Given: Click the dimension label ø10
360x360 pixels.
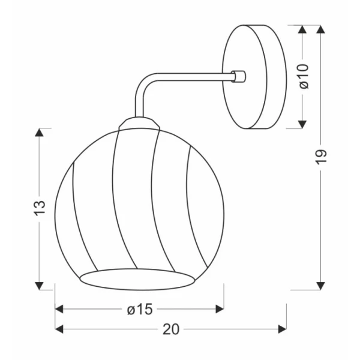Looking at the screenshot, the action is [x=304, y=76].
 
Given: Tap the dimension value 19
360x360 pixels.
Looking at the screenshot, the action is [x=321, y=157].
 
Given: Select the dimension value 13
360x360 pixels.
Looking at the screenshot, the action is [x=40, y=208].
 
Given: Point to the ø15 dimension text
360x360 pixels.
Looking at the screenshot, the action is [x=140, y=309].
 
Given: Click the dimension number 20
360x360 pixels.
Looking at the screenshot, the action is [x=171, y=329].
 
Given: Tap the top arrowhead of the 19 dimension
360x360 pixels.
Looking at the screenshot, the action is [x=321, y=29].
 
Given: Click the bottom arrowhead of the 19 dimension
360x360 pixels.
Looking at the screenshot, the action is [x=321, y=286].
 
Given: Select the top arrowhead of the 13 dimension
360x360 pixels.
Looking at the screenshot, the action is [x=39, y=132].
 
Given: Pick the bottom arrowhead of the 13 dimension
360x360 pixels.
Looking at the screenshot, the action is [x=39, y=286].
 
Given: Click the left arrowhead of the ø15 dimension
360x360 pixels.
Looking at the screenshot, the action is [x=59, y=309].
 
